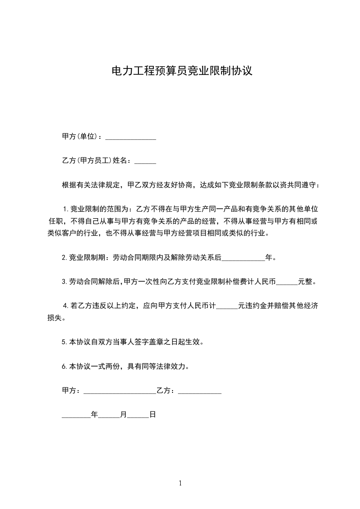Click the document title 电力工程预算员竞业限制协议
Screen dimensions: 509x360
coord(182,71)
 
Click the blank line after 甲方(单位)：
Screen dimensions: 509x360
coord(131,137)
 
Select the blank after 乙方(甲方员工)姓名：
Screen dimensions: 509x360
coord(145,161)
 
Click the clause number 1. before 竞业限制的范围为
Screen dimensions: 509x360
coord(65,209)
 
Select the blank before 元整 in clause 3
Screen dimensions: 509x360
coord(286,282)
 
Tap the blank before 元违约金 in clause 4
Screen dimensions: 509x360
coord(227,306)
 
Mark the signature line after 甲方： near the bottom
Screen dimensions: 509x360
coord(120,391)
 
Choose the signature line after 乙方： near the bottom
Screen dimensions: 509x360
coord(200,391)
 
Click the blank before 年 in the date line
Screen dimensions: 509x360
coord(76,415)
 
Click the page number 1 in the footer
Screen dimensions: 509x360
coord(180,483)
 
